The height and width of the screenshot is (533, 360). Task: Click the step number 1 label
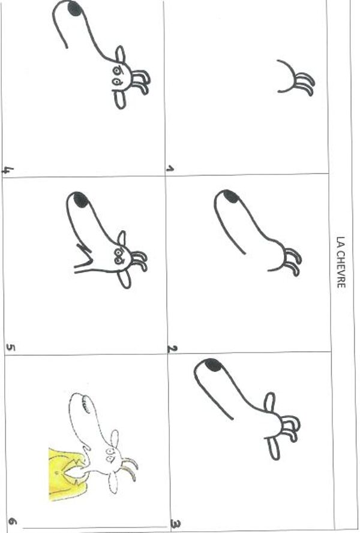170,168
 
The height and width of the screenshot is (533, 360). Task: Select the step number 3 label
176,525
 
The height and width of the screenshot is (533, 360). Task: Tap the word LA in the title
341,242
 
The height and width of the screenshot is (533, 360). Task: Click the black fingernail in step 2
230,197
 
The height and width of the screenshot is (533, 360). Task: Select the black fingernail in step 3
213,365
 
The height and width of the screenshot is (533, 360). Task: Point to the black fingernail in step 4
75,8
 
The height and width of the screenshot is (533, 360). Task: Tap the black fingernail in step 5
80,200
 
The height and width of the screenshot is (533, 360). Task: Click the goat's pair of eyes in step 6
110,456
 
